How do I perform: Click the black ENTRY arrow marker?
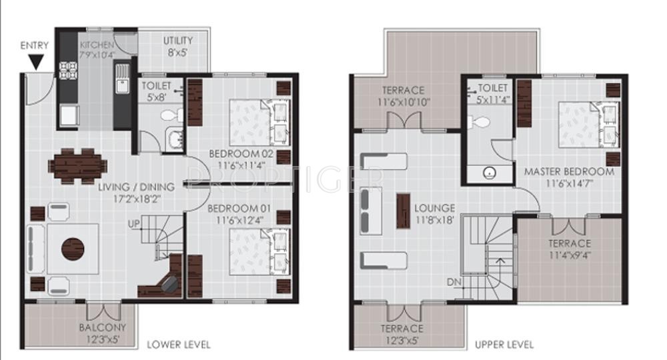coord(35,63)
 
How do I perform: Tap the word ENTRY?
coord(34,45)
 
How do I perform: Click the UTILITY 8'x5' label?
coord(178,45)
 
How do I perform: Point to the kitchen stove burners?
coord(68,70)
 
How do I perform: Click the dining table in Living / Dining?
coord(79,163)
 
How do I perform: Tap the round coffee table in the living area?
coord(73,249)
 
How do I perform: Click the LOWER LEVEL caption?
coord(179,345)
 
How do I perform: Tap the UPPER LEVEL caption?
coord(504,345)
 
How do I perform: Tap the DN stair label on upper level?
coord(455,282)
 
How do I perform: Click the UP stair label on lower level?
coord(134,224)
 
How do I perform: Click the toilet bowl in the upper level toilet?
coord(482,121)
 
